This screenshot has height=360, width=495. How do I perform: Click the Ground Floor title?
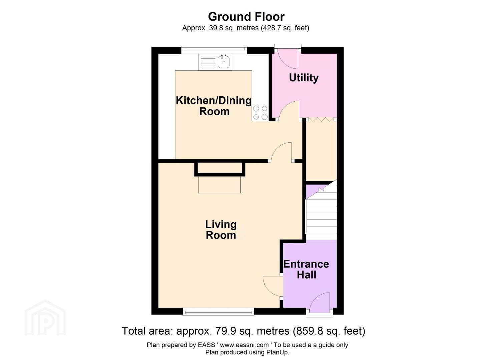(246, 17)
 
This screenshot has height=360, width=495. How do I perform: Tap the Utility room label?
(304, 78)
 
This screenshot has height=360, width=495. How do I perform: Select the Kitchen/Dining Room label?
(214, 106)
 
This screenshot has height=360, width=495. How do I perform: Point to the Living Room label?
(221, 230)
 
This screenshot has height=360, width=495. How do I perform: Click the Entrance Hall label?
(306, 269)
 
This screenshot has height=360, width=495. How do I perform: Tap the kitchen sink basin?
(224, 61)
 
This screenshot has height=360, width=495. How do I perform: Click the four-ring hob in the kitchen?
(260, 113)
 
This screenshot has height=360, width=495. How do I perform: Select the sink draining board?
(208, 62)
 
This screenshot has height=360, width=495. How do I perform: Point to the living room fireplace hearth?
(219, 185)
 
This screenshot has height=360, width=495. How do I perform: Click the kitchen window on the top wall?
(214, 50)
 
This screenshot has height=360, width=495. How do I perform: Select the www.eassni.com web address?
(244, 345)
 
